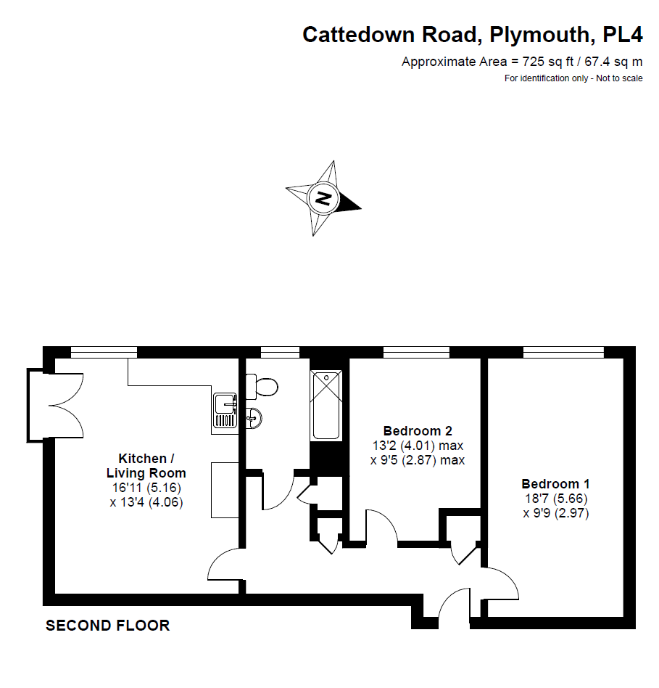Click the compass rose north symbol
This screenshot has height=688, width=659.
coord(323,197)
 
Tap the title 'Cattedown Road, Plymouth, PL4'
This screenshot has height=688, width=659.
coord(472,34)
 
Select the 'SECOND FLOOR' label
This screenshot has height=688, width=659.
coord(107,626)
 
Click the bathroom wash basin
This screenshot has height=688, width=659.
coord(253,417)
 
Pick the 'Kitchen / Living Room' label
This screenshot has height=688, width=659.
coord(146,466)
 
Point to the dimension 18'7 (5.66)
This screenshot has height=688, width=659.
coord(555,499)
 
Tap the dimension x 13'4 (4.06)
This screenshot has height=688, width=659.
coord(146,501)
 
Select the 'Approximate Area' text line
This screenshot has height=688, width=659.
coord(522,62)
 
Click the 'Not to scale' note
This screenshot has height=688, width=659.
coord(619,78)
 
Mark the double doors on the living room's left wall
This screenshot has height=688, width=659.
coord(54,405)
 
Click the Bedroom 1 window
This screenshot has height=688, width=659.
coord(563,352)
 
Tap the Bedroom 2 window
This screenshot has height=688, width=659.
coord(416,352)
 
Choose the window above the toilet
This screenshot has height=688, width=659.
coord(280,352)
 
